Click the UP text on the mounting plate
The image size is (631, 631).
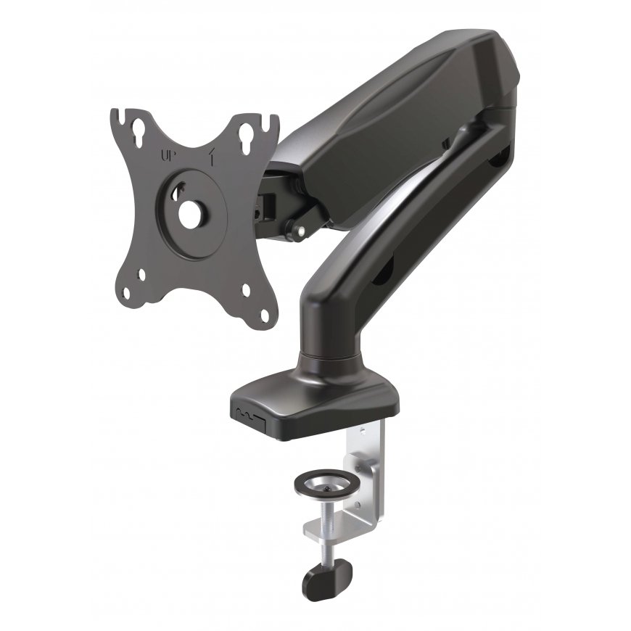pos(167,156)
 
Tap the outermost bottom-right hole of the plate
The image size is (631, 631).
pos(265,315)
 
